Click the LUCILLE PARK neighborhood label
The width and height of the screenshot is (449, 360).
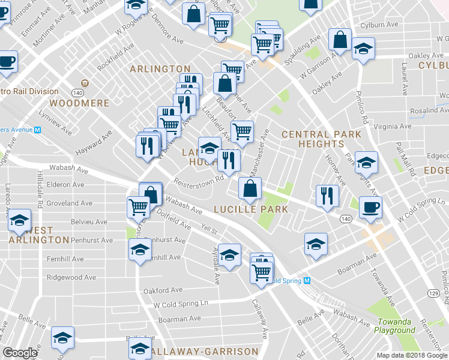[x=251, y=209]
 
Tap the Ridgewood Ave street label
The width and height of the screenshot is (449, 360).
[x=71, y=278]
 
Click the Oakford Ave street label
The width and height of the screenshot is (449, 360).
[x=163, y=290]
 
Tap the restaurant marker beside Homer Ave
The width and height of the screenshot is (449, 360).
[x=327, y=196]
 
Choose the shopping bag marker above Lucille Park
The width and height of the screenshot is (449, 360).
[x=250, y=188]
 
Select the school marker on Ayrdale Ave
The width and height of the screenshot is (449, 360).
[x=229, y=254]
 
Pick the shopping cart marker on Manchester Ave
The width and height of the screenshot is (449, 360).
[x=241, y=131]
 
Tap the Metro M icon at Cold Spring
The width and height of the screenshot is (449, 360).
[x=307, y=281]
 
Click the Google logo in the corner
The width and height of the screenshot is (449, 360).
[x=20, y=353]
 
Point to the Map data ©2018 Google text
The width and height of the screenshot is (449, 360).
[x=412, y=355]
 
